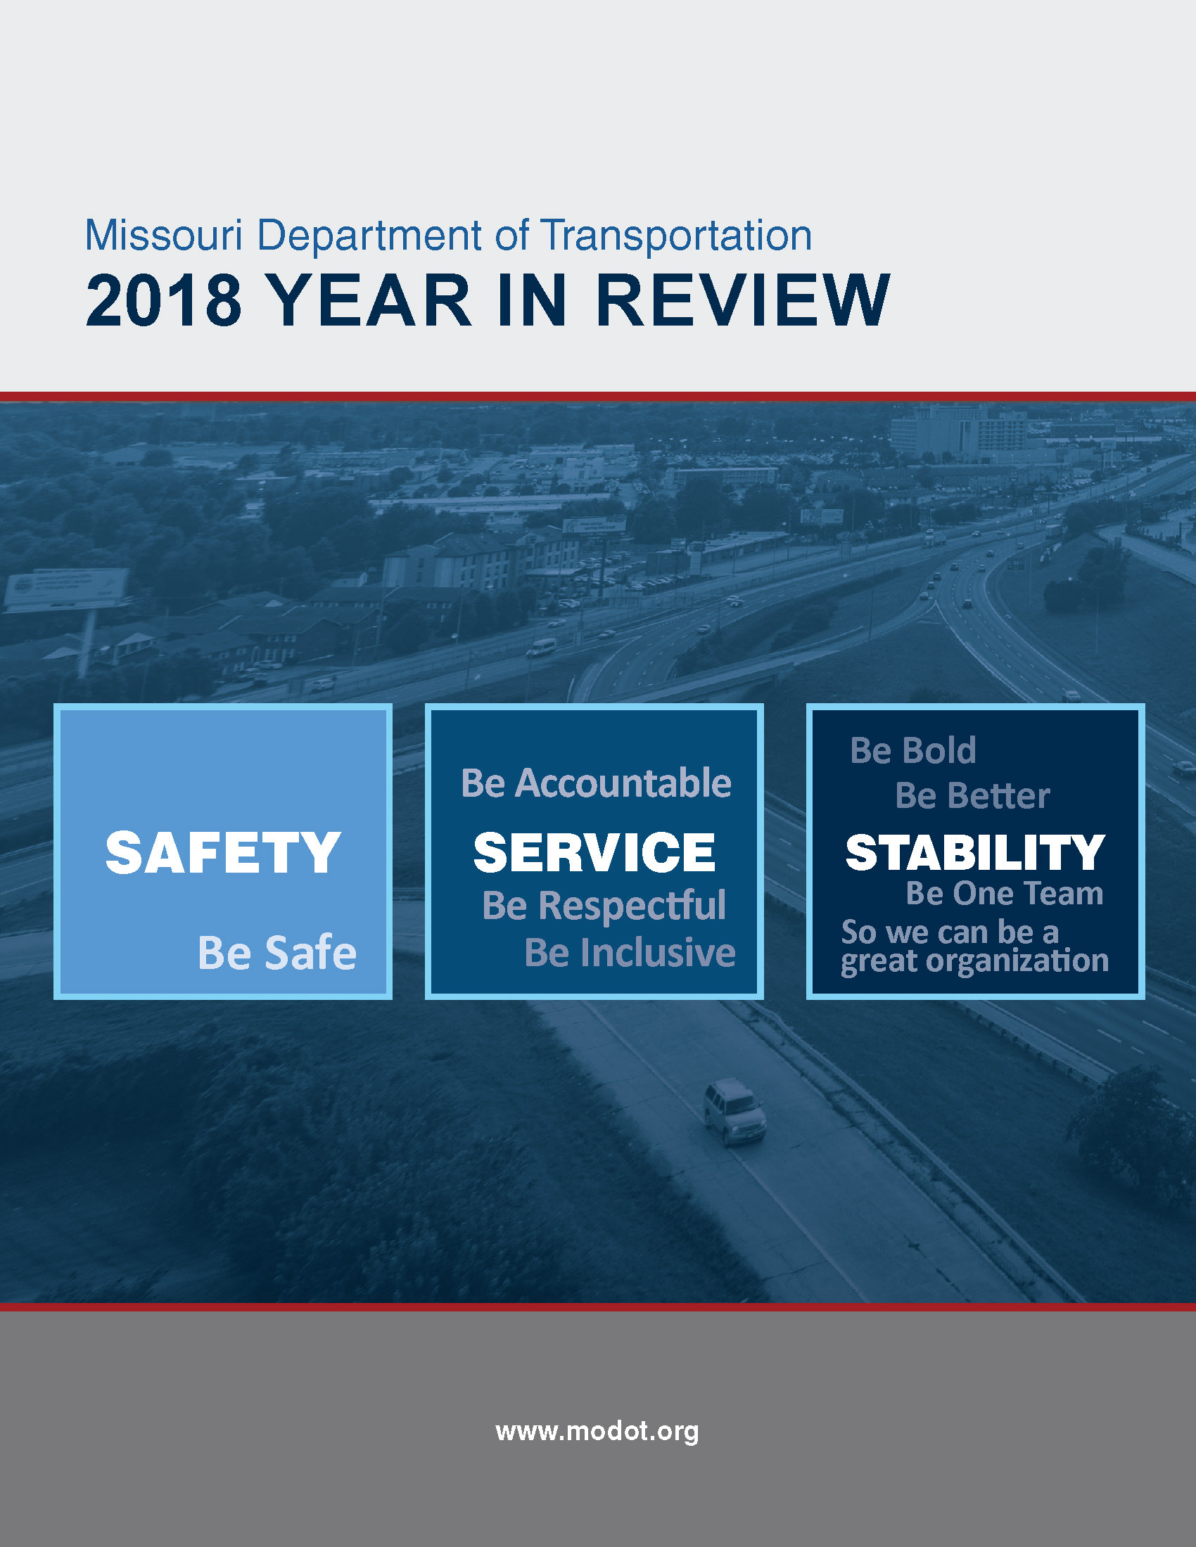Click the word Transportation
click(x=676, y=236)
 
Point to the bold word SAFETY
click(x=223, y=852)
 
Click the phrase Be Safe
click(x=277, y=952)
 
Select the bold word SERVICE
click(x=594, y=852)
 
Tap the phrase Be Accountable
click(x=596, y=783)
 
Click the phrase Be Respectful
click(x=604, y=906)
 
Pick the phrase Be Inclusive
click(x=630, y=952)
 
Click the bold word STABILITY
click(x=976, y=852)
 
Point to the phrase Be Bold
click(x=912, y=750)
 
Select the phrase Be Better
click(x=972, y=795)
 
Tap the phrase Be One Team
click(x=1005, y=893)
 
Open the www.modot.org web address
click(x=597, y=1431)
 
